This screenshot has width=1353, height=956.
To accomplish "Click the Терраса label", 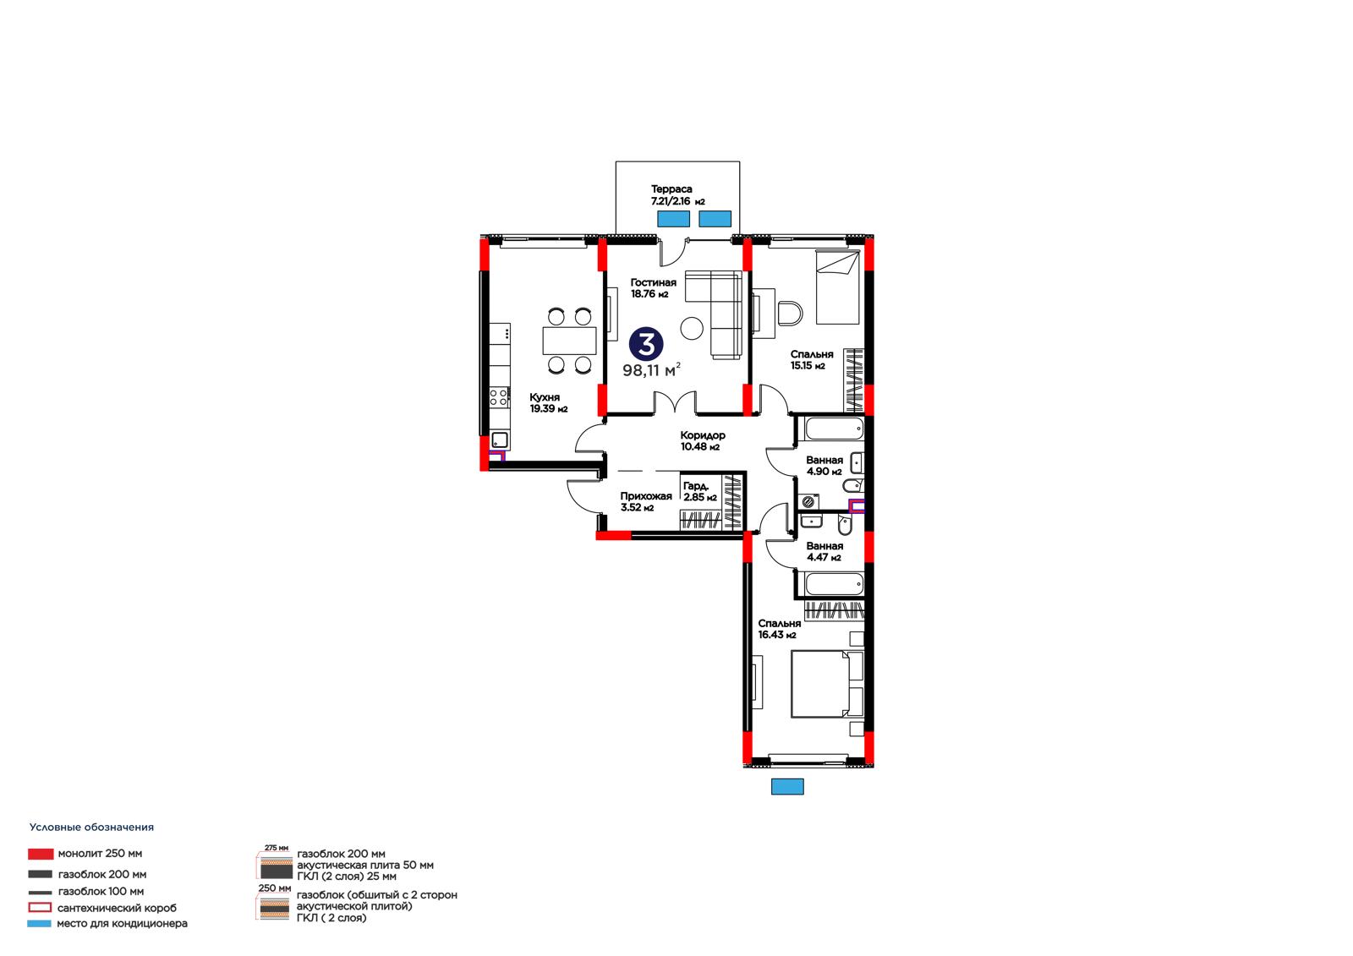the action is [x=671, y=189].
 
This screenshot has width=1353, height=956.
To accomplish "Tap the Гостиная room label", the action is [x=653, y=282].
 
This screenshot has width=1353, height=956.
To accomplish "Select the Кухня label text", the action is [x=545, y=397].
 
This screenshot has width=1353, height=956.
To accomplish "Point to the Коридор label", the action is [x=703, y=435].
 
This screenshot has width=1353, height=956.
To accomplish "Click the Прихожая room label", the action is [x=646, y=496].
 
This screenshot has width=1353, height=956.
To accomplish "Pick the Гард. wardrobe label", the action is [x=695, y=486].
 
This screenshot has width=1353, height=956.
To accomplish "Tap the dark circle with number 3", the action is [x=646, y=344].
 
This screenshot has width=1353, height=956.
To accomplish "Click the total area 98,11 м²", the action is [x=652, y=370].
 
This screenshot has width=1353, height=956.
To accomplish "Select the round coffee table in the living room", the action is [x=692, y=329].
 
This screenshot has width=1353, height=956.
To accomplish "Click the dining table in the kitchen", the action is [x=569, y=341].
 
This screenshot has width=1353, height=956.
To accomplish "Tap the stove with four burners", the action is [x=499, y=396].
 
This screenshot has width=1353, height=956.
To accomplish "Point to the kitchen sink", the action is [x=500, y=440].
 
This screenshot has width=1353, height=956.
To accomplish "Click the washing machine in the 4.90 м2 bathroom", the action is [x=808, y=501].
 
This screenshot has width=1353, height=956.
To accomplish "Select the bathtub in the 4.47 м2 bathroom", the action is [x=834, y=584].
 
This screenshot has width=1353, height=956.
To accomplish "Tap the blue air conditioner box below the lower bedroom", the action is [x=787, y=786].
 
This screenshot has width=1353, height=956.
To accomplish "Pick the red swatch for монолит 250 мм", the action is [x=41, y=854].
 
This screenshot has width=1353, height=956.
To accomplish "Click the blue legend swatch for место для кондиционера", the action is [x=39, y=923].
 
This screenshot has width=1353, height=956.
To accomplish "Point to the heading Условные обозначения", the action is [x=92, y=828].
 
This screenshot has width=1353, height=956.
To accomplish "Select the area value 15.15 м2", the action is [x=808, y=366].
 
